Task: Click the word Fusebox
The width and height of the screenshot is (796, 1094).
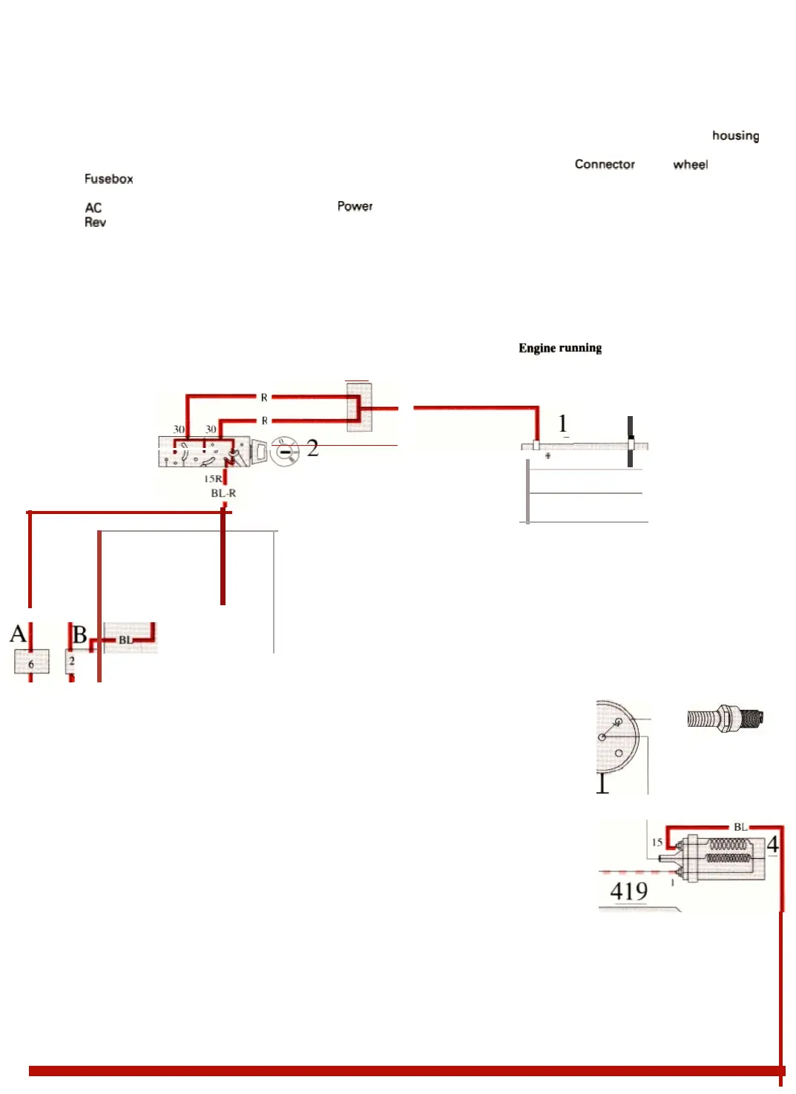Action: click(108, 179)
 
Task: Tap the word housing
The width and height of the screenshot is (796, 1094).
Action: click(735, 136)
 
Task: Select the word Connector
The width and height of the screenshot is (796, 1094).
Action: click(605, 164)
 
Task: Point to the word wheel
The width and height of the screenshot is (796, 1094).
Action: click(690, 165)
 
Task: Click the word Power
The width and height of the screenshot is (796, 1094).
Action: click(355, 206)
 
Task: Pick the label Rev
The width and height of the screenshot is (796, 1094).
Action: click(95, 223)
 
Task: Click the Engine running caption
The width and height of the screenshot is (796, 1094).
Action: click(560, 348)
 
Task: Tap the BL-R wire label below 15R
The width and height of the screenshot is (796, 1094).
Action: click(223, 493)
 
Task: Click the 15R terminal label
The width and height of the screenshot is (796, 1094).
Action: click(213, 479)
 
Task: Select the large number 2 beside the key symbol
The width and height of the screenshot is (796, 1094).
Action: click(312, 448)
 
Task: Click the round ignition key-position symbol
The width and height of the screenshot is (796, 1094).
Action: click(284, 451)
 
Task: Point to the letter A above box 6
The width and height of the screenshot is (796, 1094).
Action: click(18, 634)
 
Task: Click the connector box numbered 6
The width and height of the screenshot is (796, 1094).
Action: click(31, 662)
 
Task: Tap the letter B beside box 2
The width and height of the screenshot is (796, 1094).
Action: click(80, 635)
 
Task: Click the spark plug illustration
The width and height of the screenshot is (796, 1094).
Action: click(725, 718)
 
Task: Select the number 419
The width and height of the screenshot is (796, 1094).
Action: click(628, 891)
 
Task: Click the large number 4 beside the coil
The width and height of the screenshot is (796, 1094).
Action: click(772, 844)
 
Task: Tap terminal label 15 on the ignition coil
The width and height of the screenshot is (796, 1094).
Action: click(657, 843)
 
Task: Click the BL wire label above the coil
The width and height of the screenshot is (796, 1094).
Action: click(740, 827)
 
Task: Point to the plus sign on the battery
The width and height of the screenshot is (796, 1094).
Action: click(547, 456)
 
